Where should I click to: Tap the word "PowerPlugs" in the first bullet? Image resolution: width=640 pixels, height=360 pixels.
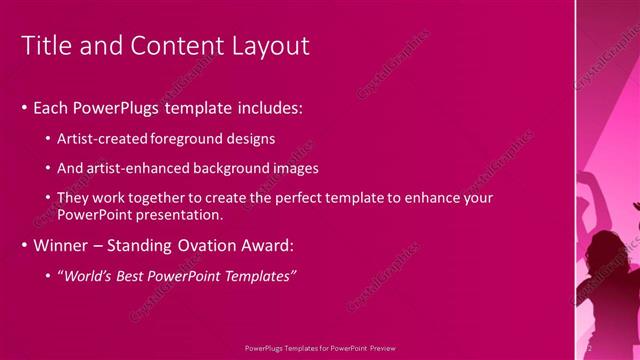point(119,107)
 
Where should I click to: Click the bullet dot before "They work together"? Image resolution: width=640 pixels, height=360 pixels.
point(49,199)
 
